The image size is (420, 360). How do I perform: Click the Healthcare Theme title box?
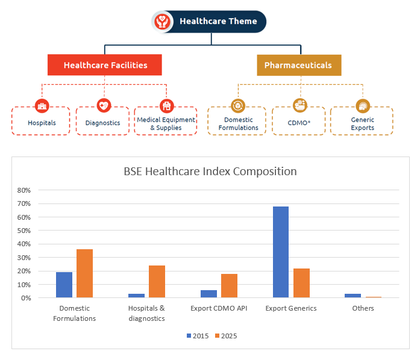(x=218, y=22)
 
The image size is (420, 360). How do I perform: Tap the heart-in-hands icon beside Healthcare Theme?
(x=162, y=22)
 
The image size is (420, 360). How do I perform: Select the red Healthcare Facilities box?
(x=105, y=65)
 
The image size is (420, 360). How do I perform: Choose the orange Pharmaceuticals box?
(x=298, y=65)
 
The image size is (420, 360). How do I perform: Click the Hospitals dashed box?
(x=42, y=122)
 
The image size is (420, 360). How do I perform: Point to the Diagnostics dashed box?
(x=102, y=122)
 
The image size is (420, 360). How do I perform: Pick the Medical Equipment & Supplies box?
(x=166, y=123)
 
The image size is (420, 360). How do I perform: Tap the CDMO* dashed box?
(x=298, y=123)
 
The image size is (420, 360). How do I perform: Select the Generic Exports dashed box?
(x=362, y=123)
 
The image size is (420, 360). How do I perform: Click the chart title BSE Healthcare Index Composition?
(x=210, y=171)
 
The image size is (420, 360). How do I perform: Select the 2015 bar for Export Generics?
(x=281, y=252)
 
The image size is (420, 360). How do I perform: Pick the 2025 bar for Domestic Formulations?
(x=84, y=273)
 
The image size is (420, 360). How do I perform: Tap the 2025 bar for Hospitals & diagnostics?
(x=157, y=281)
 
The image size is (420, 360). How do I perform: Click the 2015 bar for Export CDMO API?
(x=208, y=294)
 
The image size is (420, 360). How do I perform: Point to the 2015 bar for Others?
(x=353, y=296)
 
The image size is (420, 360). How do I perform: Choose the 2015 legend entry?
(x=197, y=335)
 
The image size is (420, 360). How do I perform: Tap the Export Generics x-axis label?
(x=291, y=308)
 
